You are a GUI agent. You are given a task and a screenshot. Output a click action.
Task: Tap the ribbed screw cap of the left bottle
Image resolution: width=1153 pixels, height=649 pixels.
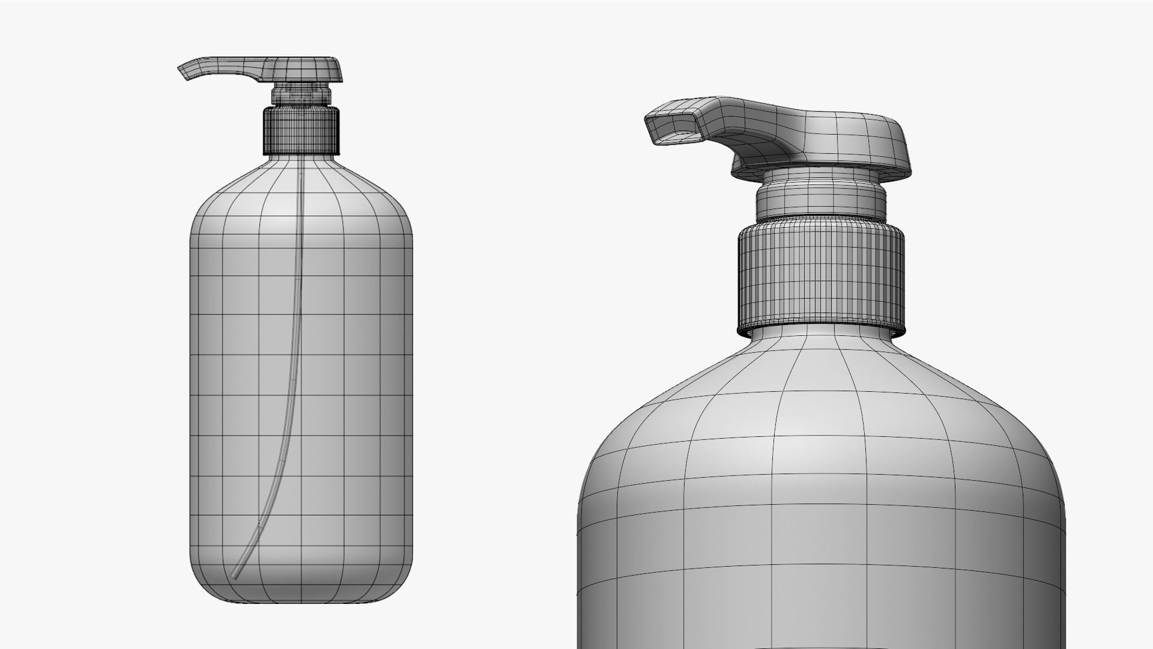(301, 130)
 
